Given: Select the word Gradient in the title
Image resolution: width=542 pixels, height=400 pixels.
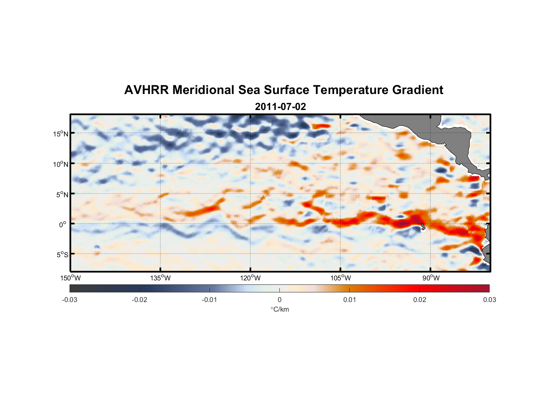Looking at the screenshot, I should pos(418,90).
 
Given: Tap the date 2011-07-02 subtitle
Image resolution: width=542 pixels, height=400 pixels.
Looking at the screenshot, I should pos(280,107).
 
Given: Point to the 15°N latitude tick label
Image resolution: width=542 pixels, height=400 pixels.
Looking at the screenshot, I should pos(60,134).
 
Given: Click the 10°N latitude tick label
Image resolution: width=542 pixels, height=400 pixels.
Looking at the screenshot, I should pos(60,164).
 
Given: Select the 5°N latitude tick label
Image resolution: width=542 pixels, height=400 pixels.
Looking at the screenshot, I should pos(62,194).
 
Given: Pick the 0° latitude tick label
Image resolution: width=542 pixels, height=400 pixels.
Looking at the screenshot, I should pos(63,224).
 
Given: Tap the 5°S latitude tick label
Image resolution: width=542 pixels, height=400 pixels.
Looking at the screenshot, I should pos(62,255).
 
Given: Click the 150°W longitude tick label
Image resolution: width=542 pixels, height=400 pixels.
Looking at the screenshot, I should pos(70,278).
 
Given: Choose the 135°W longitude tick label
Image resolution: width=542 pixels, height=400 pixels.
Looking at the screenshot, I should pos(160,278).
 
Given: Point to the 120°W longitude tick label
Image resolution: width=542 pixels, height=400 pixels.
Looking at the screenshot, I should pos(250,278).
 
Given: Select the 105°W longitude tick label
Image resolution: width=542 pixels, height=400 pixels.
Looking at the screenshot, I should pos(341,278).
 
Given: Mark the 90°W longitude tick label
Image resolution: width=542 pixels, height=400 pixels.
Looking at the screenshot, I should pos(431,278).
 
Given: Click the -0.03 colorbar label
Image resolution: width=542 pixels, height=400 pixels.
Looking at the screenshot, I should pos(70,300).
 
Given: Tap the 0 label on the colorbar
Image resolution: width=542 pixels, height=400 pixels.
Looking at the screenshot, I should pos(279,300).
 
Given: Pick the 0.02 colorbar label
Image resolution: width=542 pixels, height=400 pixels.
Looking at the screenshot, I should pos(420,300).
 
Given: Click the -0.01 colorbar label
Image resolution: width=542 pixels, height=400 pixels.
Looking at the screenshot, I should pos(209,300).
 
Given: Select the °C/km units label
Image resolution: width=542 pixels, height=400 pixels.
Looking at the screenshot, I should pos(279,309).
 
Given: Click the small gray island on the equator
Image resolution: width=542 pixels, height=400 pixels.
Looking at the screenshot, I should pos(423,227).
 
